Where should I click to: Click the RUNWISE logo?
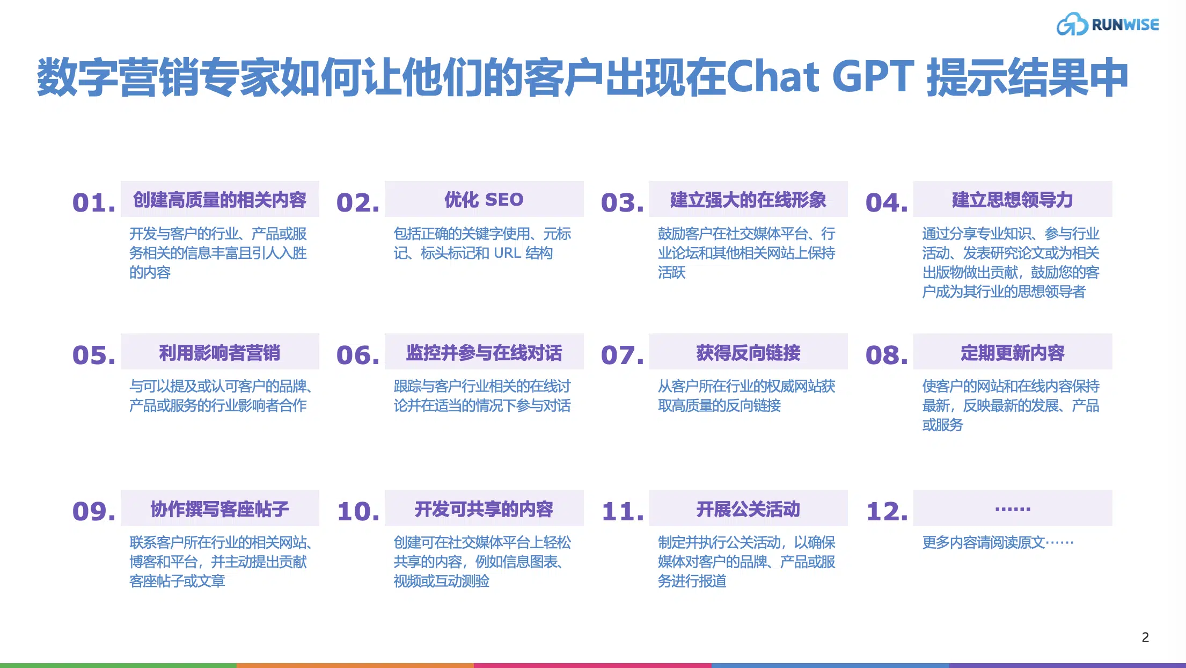(1108, 24)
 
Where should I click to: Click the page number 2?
(1145, 637)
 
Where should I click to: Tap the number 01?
(94, 202)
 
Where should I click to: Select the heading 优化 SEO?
(484, 199)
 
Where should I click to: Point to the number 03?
(623, 202)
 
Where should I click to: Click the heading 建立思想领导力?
(1012, 199)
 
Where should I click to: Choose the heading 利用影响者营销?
(219, 352)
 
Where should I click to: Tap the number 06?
(358, 355)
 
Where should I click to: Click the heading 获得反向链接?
(748, 352)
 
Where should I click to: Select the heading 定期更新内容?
(1012, 352)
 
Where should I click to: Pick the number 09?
(94, 511)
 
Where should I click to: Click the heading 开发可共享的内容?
(484, 509)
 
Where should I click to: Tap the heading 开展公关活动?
(748, 509)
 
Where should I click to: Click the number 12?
(887, 511)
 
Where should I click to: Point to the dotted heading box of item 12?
(1013, 508)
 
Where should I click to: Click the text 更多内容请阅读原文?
(984, 542)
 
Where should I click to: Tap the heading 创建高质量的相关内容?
(219, 199)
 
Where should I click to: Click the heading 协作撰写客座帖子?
(219, 509)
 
